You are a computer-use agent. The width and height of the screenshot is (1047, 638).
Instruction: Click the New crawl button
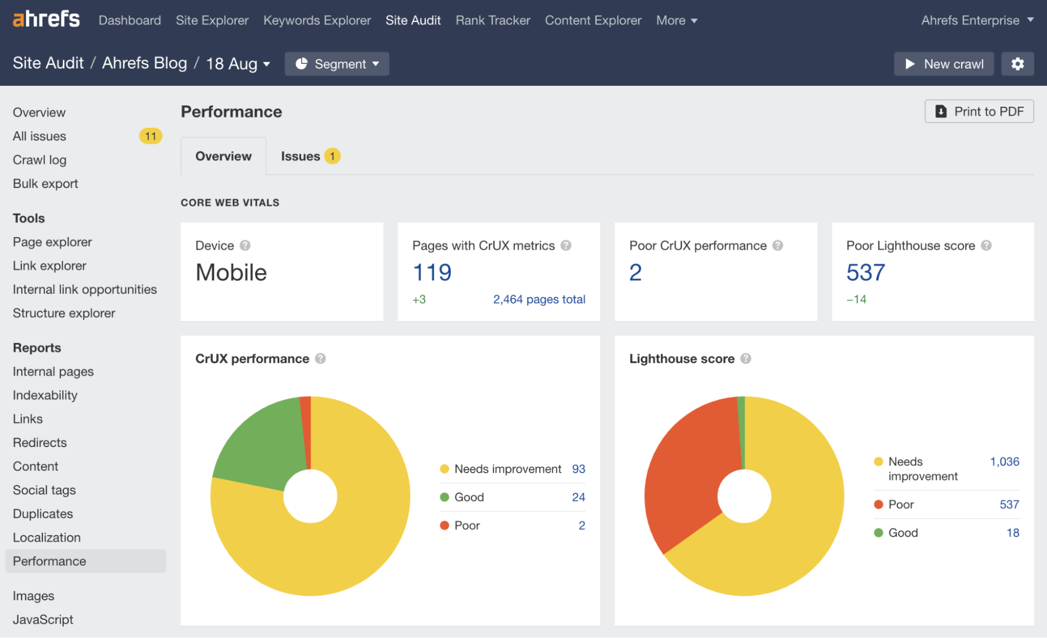coord(943,64)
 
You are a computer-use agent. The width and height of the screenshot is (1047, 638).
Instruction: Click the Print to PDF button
coord(979,111)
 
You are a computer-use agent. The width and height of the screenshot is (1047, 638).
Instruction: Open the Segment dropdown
coord(337,64)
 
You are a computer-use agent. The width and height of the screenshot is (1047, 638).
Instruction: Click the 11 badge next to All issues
coord(150,136)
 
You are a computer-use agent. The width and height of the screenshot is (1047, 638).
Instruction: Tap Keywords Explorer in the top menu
coord(317,20)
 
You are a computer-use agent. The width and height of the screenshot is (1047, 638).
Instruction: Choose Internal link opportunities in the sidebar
coord(85,289)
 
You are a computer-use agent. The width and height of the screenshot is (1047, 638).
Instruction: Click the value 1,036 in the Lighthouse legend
coord(1004,462)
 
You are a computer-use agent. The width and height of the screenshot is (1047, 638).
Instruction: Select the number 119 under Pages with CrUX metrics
coord(432,272)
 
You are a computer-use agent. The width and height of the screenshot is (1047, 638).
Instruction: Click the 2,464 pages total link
coord(539,299)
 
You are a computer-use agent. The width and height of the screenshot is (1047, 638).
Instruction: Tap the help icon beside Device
coord(245,245)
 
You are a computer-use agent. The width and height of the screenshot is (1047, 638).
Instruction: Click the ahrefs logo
coord(46,19)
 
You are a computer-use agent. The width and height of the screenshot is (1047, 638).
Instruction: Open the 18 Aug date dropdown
coord(238,64)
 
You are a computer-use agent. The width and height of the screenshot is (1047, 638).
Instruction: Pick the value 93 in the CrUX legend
coord(578,469)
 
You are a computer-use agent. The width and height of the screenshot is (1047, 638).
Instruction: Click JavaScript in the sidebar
coord(43,620)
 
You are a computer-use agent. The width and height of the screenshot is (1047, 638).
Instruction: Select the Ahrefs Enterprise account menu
coord(977,20)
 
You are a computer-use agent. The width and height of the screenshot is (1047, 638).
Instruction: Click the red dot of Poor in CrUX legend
coord(445,525)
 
